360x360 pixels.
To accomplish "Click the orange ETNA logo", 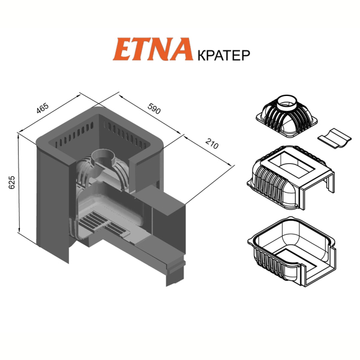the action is [x=152, y=49].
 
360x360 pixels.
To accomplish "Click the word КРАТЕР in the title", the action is [x=224, y=55].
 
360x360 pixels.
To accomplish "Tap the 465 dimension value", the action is [x=43, y=108].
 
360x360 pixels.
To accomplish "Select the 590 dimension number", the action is [x=154, y=109].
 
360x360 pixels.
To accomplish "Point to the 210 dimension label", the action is [x=212, y=143].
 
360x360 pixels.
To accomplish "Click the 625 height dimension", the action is [x=11, y=182].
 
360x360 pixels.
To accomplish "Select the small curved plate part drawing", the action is [x=335, y=138].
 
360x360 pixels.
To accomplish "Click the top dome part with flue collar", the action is [x=287, y=115].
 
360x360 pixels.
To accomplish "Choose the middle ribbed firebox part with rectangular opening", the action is [x=290, y=177].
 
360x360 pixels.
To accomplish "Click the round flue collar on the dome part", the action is [x=287, y=103].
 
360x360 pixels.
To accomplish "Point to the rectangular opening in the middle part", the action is [x=291, y=164].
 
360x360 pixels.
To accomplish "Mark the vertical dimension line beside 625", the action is [x=19, y=183].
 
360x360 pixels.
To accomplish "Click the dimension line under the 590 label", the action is [x=150, y=115].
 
